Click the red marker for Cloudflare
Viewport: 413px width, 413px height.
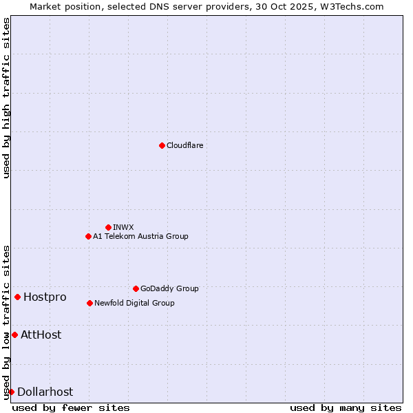pyautogui.click(x=162, y=145)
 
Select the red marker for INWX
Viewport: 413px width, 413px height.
pyautogui.click(x=108, y=227)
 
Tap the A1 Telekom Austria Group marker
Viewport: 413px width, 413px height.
pyautogui.click(x=88, y=236)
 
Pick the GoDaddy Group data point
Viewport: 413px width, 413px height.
pyautogui.click(x=136, y=288)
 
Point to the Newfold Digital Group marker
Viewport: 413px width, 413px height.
pyautogui.click(x=89, y=303)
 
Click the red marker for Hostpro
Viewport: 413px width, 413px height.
pyautogui.click(x=17, y=297)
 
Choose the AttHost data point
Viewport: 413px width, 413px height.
pyautogui.click(x=14, y=335)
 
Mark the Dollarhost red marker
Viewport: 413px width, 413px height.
pyautogui.click(x=11, y=392)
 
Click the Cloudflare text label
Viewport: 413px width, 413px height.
pyautogui.click(x=184, y=145)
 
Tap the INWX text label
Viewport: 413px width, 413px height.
pyautogui.click(x=123, y=227)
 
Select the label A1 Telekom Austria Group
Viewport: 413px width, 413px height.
pyautogui.click(x=140, y=236)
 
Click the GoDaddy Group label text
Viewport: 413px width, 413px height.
pyautogui.click(x=169, y=288)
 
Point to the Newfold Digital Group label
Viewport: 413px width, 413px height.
pyautogui.click(x=134, y=303)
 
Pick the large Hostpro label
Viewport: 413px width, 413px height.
pyautogui.click(x=45, y=297)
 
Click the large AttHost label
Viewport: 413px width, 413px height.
pyautogui.click(x=41, y=335)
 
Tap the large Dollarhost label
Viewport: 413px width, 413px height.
pyautogui.click(x=45, y=392)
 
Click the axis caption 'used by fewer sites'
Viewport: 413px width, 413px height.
pyautogui.click(x=71, y=407)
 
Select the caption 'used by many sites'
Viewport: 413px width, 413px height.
pyautogui.click(x=346, y=407)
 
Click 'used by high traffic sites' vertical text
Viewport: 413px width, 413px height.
pyautogui.click(x=6, y=98)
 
